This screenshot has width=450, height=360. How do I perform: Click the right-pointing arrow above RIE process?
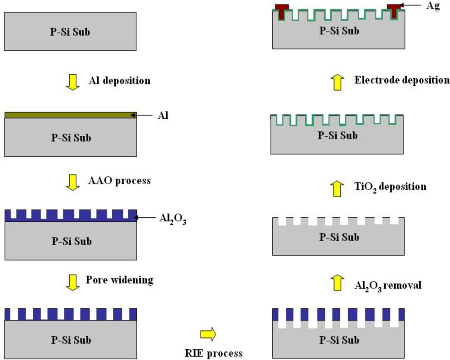pos(208,334)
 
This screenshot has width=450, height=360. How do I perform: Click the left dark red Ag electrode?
pos(282,11)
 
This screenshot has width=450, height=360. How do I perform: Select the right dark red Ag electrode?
pos(394,11)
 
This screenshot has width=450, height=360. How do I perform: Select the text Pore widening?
pos(119,279)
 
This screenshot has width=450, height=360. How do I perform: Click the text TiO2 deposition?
pos(390,186)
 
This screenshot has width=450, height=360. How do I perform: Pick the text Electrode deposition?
pos(402,80)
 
